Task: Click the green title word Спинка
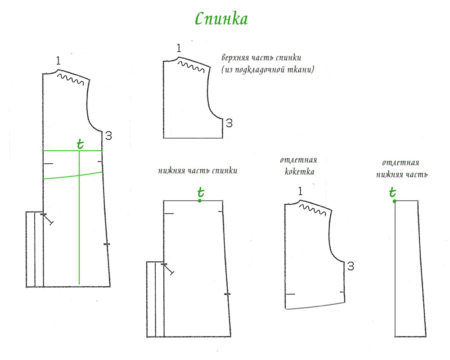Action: click(221, 19)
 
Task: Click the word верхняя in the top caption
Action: click(234, 58)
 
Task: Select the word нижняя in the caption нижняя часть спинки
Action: click(171, 171)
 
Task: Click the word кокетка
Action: click(299, 171)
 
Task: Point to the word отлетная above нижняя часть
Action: click(400, 163)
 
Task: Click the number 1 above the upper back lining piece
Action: click(179, 49)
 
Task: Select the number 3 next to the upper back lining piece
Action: click(229, 123)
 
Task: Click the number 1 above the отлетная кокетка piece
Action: click(300, 192)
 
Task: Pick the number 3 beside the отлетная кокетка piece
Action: click(351, 266)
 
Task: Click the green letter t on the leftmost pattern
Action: click(80, 144)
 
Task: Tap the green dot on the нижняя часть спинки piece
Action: click(200, 201)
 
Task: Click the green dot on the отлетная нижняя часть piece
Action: click(395, 201)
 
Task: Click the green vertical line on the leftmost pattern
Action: click(79, 225)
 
